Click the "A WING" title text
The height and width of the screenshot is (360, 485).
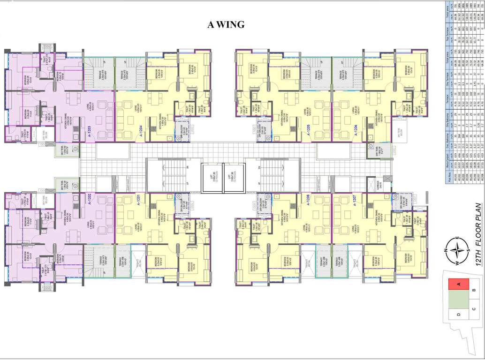click(226, 25)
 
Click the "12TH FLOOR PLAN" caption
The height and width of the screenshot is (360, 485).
click(478, 235)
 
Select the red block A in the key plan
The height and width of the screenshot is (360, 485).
click(460, 283)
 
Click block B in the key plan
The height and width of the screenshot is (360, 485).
click(474, 291)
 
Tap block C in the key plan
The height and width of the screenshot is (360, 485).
click(474, 308)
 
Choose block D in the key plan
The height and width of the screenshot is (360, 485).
click(458, 315)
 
